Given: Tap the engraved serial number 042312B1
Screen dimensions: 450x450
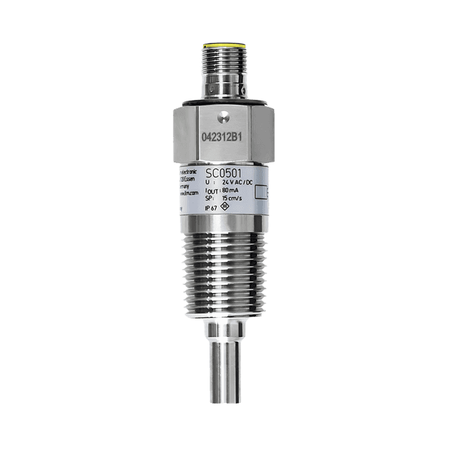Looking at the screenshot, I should (224, 139).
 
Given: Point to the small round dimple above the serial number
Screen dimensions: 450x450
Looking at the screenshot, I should (224, 116).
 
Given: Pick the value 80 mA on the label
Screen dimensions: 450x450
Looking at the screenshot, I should (230, 191).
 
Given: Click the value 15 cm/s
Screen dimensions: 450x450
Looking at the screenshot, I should (233, 199).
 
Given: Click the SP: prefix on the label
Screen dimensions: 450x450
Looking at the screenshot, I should (210, 199).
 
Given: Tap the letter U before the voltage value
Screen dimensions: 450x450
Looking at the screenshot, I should (207, 182).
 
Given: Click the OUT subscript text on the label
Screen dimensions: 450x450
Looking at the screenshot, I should (213, 191).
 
